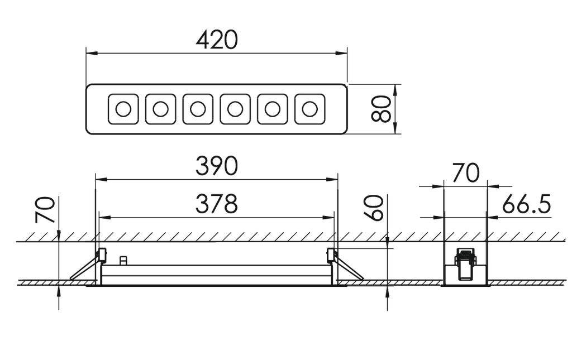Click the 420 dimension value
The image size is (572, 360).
217,40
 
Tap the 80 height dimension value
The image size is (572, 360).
381,109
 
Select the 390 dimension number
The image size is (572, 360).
217,166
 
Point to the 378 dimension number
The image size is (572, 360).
217,204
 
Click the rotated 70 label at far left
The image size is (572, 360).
45,209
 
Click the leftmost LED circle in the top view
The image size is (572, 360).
123,109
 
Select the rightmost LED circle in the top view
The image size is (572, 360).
309,109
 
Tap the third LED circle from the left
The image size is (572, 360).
198,109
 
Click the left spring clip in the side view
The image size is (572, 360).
88,264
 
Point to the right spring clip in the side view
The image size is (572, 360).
345,264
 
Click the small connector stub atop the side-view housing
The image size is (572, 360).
123,261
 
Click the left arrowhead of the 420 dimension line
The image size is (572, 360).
91,54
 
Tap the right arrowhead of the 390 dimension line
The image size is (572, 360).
332,179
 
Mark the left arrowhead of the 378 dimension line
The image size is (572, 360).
104,218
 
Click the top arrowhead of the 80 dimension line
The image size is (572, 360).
395,90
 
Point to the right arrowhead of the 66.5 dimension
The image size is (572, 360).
493,218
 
